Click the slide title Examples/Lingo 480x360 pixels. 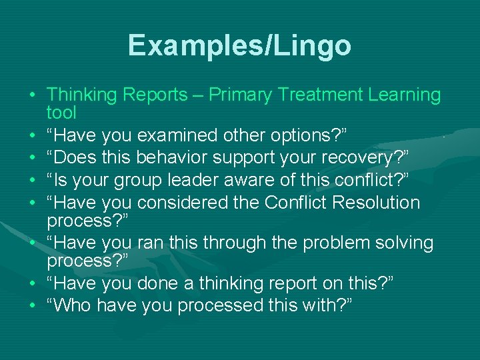tap(239, 46)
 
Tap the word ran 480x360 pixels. tap(152, 243)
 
